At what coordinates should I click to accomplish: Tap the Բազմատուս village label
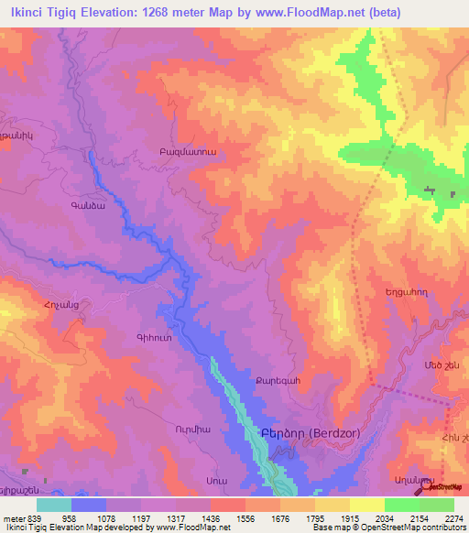[x=187, y=153]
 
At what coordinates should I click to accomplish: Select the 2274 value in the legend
[x=454, y=517]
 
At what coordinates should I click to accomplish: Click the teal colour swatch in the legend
[x=54, y=505]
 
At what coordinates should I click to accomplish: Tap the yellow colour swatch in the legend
[x=367, y=505]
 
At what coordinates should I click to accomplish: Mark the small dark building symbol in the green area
[x=429, y=190]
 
